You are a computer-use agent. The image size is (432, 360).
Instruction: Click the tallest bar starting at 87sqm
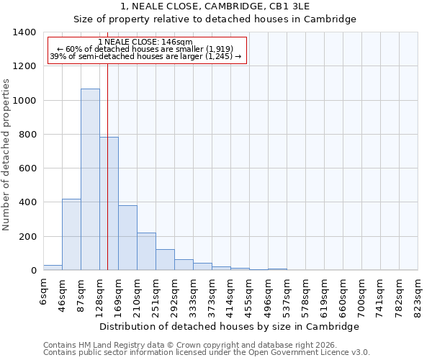tap(90, 179)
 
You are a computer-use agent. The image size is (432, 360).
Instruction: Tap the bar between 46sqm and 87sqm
tap(71, 235)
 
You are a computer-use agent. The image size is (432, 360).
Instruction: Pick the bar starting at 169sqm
tap(127, 238)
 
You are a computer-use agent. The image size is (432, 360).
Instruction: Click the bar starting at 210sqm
tap(146, 251)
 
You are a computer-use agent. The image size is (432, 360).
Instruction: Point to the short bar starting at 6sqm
tap(53, 267)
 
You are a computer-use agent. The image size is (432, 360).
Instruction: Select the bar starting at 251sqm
tap(165, 260)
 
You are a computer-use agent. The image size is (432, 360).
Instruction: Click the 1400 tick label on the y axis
tap(24, 32)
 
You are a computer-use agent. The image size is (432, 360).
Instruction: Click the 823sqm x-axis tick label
tap(418, 297)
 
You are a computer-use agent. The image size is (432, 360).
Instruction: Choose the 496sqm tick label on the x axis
tap(269, 297)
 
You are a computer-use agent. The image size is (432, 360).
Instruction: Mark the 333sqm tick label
tap(194, 297)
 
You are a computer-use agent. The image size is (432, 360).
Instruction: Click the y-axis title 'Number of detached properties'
tap(7, 151)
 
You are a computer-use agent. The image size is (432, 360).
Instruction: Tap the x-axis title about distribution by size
tap(230, 326)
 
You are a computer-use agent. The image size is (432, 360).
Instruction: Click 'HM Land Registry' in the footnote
tap(109, 345)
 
